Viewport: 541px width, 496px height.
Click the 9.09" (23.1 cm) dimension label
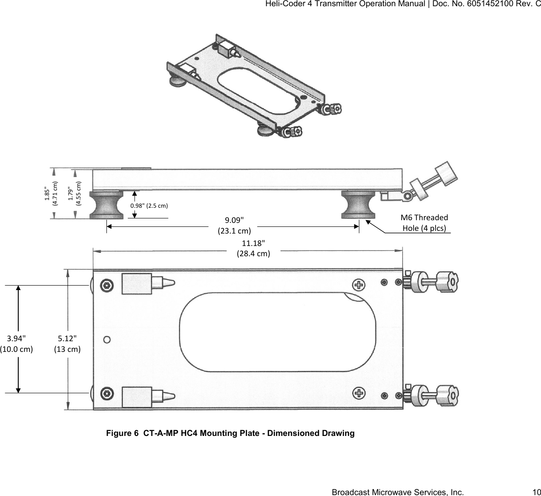[234, 226]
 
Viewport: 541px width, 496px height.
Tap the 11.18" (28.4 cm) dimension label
[253, 248]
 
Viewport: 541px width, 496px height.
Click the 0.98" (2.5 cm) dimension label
[149, 206]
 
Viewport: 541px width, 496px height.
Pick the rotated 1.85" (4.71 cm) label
[51, 194]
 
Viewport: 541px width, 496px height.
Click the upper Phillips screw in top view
[358, 284]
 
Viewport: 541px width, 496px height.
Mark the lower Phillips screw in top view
[358, 393]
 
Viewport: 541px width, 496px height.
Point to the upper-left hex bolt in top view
[106, 285]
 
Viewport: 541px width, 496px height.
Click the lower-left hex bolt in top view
[106, 393]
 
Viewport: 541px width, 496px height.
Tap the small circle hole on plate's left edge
[107, 339]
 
